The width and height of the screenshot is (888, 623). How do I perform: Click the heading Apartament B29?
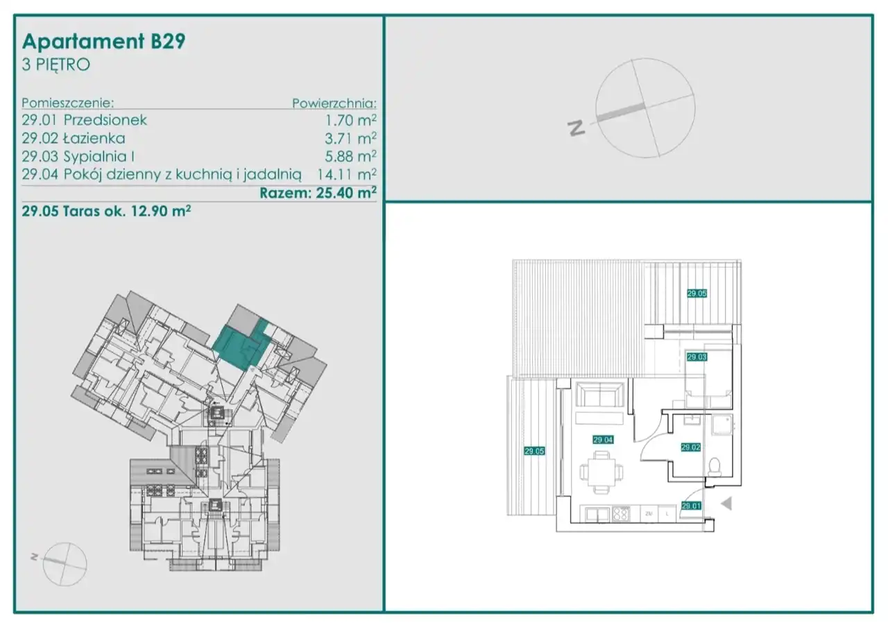click(x=104, y=42)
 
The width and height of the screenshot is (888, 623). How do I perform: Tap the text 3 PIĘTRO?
click(x=56, y=65)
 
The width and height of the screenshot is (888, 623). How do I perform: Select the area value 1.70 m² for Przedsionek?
click(x=350, y=120)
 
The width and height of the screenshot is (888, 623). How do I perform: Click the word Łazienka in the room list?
click(x=94, y=138)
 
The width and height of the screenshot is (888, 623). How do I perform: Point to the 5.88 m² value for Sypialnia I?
click(x=350, y=157)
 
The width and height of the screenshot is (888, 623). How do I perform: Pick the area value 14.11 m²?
click(x=346, y=174)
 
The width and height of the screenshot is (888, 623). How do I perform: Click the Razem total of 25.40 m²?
click(x=318, y=193)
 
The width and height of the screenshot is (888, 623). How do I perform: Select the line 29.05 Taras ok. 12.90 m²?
click(x=106, y=211)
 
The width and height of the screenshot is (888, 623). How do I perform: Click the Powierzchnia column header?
click(x=334, y=103)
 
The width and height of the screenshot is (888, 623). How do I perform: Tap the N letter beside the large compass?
click(x=576, y=128)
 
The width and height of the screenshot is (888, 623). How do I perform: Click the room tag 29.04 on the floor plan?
click(x=603, y=440)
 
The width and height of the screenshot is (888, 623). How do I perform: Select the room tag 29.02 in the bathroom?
click(x=690, y=447)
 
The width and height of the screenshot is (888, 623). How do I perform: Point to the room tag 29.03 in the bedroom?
click(x=697, y=357)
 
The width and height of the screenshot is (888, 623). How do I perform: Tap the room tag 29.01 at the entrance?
click(x=691, y=506)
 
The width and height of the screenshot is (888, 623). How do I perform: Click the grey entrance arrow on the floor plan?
click(x=726, y=504)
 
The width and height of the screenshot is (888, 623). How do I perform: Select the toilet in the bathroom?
click(x=715, y=467)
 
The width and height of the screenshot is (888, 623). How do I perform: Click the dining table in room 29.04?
click(x=601, y=472)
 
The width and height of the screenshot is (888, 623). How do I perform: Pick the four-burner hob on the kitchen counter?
click(x=620, y=514)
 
